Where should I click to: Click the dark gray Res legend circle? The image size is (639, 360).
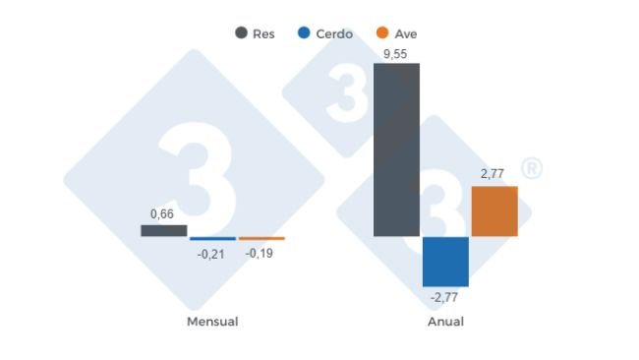coord(241,32)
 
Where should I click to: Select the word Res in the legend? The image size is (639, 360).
coord(263,33)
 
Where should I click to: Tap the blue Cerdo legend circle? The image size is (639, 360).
coord(304,32)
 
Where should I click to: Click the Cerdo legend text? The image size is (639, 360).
coord(335,33)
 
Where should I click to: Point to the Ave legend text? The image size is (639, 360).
coord(405,33)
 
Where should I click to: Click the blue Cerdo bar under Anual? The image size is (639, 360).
coord(445,261)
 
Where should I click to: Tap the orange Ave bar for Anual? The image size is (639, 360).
coord(494,211)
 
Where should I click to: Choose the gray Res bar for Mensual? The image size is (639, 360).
coord(163,230)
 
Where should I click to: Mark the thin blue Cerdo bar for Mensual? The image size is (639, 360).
coord(212,238)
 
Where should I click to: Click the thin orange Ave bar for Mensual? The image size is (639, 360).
coord(261,238)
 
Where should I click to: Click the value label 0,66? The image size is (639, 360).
coord(163,213)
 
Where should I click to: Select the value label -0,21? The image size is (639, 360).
coord(211,254)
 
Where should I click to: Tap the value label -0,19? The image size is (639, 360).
coord(261,254)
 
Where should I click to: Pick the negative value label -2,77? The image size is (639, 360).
coord(445,296)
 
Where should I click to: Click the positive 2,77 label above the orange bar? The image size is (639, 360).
coord(493,174)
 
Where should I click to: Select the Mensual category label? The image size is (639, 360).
coord(212,322)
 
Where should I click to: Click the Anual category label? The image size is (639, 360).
coord(445,322)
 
